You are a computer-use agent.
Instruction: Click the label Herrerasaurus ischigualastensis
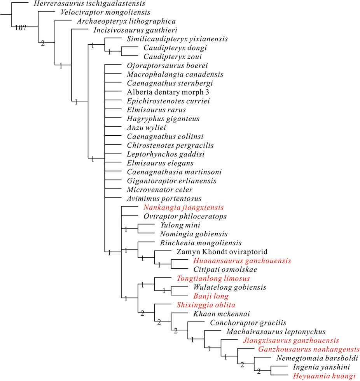84,4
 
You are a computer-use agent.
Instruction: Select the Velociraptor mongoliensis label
105,12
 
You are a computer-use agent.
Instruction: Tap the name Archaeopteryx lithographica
126,21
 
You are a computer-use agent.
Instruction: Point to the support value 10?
21,28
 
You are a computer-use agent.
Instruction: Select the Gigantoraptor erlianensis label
171,181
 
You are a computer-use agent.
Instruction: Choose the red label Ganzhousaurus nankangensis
309,349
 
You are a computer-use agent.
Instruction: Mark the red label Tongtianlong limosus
213,278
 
